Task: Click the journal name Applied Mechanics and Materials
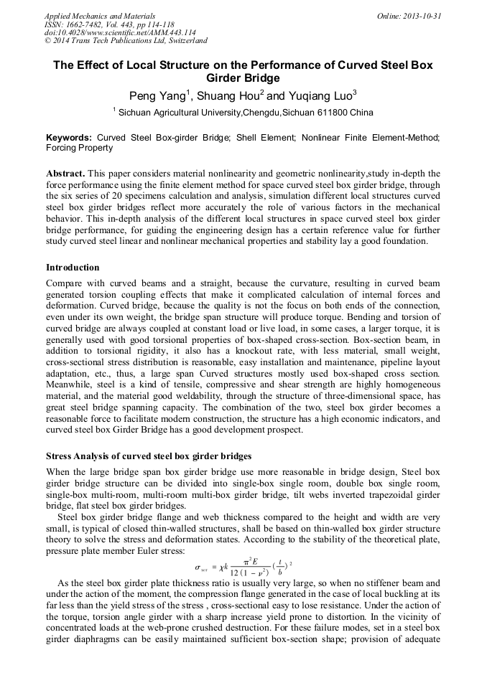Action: [x=100, y=16]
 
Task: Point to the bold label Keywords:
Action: [x=69, y=137]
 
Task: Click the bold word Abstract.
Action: [x=65, y=174]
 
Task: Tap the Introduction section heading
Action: [x=73, y=268]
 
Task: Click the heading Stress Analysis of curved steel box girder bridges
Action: [x=149, y=456]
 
